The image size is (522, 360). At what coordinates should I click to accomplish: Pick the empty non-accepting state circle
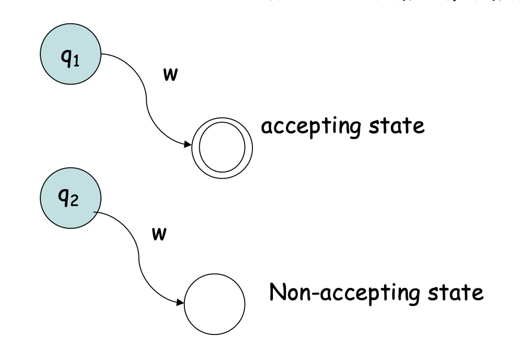(218, 311)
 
